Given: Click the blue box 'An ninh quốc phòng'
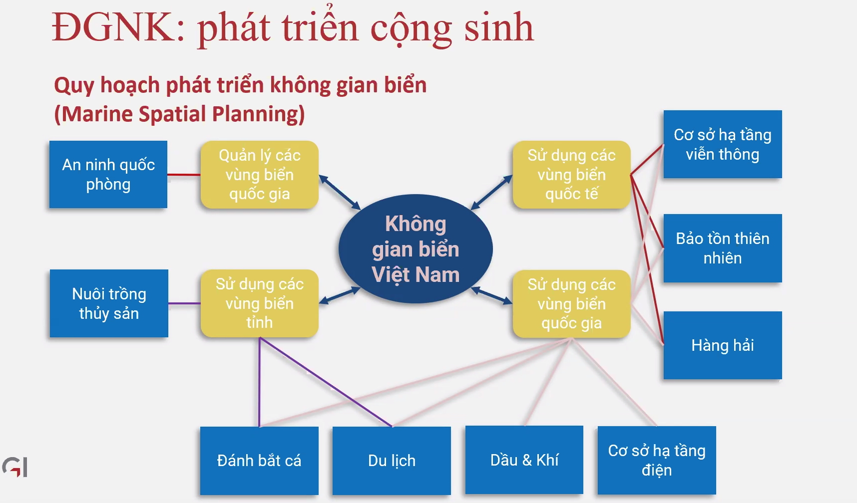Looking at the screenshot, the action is point(108,174).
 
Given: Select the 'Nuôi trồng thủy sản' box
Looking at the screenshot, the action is point(109,303).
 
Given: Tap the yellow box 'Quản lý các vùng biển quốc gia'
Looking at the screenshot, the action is point(260,175).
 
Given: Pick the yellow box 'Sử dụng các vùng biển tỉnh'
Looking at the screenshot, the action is point(260,303).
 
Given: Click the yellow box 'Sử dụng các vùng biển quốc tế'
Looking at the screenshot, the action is point(571,175).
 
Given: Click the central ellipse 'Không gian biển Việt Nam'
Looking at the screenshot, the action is point(416,249).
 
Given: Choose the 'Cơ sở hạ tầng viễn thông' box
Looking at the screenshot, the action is point(723,144).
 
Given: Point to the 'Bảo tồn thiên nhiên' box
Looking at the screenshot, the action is point(723,248).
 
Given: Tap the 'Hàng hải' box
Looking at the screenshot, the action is point(723,345).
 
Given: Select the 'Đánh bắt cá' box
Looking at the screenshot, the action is point(259,461).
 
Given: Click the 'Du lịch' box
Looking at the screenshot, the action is point(392,461).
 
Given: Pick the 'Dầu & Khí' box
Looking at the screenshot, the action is point(524,460).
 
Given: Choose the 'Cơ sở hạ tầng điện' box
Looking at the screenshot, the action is point(657,460).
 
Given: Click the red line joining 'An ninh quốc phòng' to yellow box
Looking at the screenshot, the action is point(184,175).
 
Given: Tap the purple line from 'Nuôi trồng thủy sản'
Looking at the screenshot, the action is point(184,303).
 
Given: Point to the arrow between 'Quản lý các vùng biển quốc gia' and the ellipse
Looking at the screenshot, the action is point(340,193).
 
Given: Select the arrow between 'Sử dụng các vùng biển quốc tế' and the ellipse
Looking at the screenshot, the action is point(492,193).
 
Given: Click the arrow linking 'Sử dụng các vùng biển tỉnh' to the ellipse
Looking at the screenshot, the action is point(340,295).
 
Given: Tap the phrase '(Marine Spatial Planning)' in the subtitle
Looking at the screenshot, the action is point(179,114).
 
